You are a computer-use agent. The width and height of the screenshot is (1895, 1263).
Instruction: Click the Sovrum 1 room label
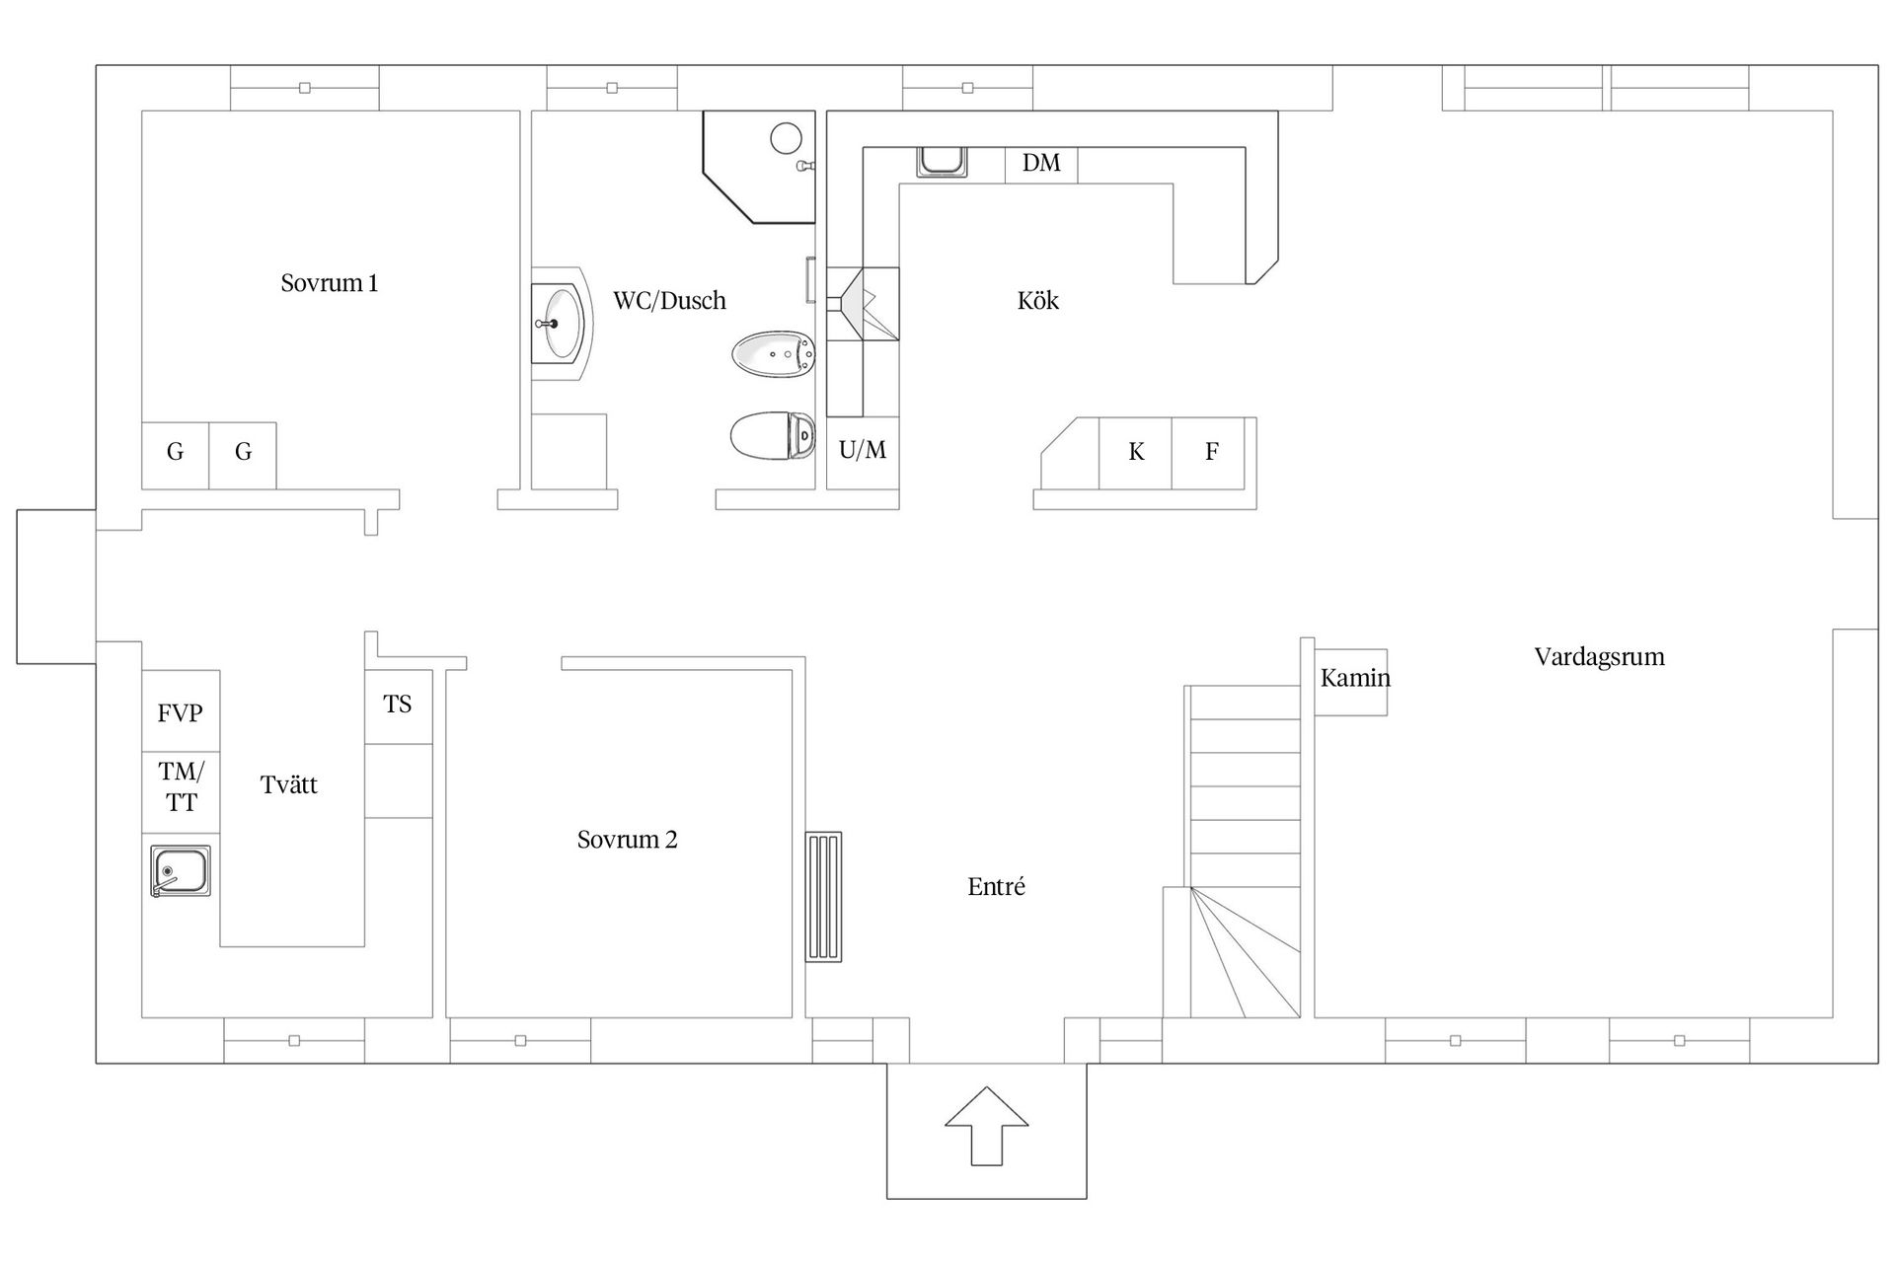[x=330, y=283]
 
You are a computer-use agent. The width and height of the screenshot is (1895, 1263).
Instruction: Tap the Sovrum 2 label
[x=627, y=840]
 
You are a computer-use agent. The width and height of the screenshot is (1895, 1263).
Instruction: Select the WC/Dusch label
[x=669, y=300]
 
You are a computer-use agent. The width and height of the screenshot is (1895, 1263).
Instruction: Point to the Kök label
[x=1037, y=300]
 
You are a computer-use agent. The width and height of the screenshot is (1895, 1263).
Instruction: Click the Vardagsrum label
[x=1599, y=657]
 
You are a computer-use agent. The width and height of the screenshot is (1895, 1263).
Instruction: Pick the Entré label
[x=996, y=886]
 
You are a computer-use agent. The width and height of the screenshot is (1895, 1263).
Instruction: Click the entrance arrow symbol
[x=987, y=1126]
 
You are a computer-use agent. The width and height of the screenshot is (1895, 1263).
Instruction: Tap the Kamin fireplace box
[x=1350, y=682]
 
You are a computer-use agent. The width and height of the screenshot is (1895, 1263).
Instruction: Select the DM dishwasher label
[x=1041, y=163]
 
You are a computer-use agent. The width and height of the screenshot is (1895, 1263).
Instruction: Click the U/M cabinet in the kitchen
[x=863, y=453]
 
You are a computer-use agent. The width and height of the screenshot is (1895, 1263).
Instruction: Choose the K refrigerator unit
[x=1136, y=453]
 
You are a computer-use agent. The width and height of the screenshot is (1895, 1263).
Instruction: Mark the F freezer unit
[x=1209, y=453]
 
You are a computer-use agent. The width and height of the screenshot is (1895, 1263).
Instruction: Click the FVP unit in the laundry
[x=181, y=711]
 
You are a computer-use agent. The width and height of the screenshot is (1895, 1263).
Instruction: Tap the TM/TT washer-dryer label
[x=181, y=786]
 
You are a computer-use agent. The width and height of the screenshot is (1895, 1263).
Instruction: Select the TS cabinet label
[x=397, y=704]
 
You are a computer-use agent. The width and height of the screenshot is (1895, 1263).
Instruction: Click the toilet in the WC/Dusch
[x=773, y=436]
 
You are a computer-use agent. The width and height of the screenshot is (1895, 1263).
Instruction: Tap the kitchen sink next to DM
[x=942, y=162]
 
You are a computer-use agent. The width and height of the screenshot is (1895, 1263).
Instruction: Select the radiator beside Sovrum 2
[x=824, y=896]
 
